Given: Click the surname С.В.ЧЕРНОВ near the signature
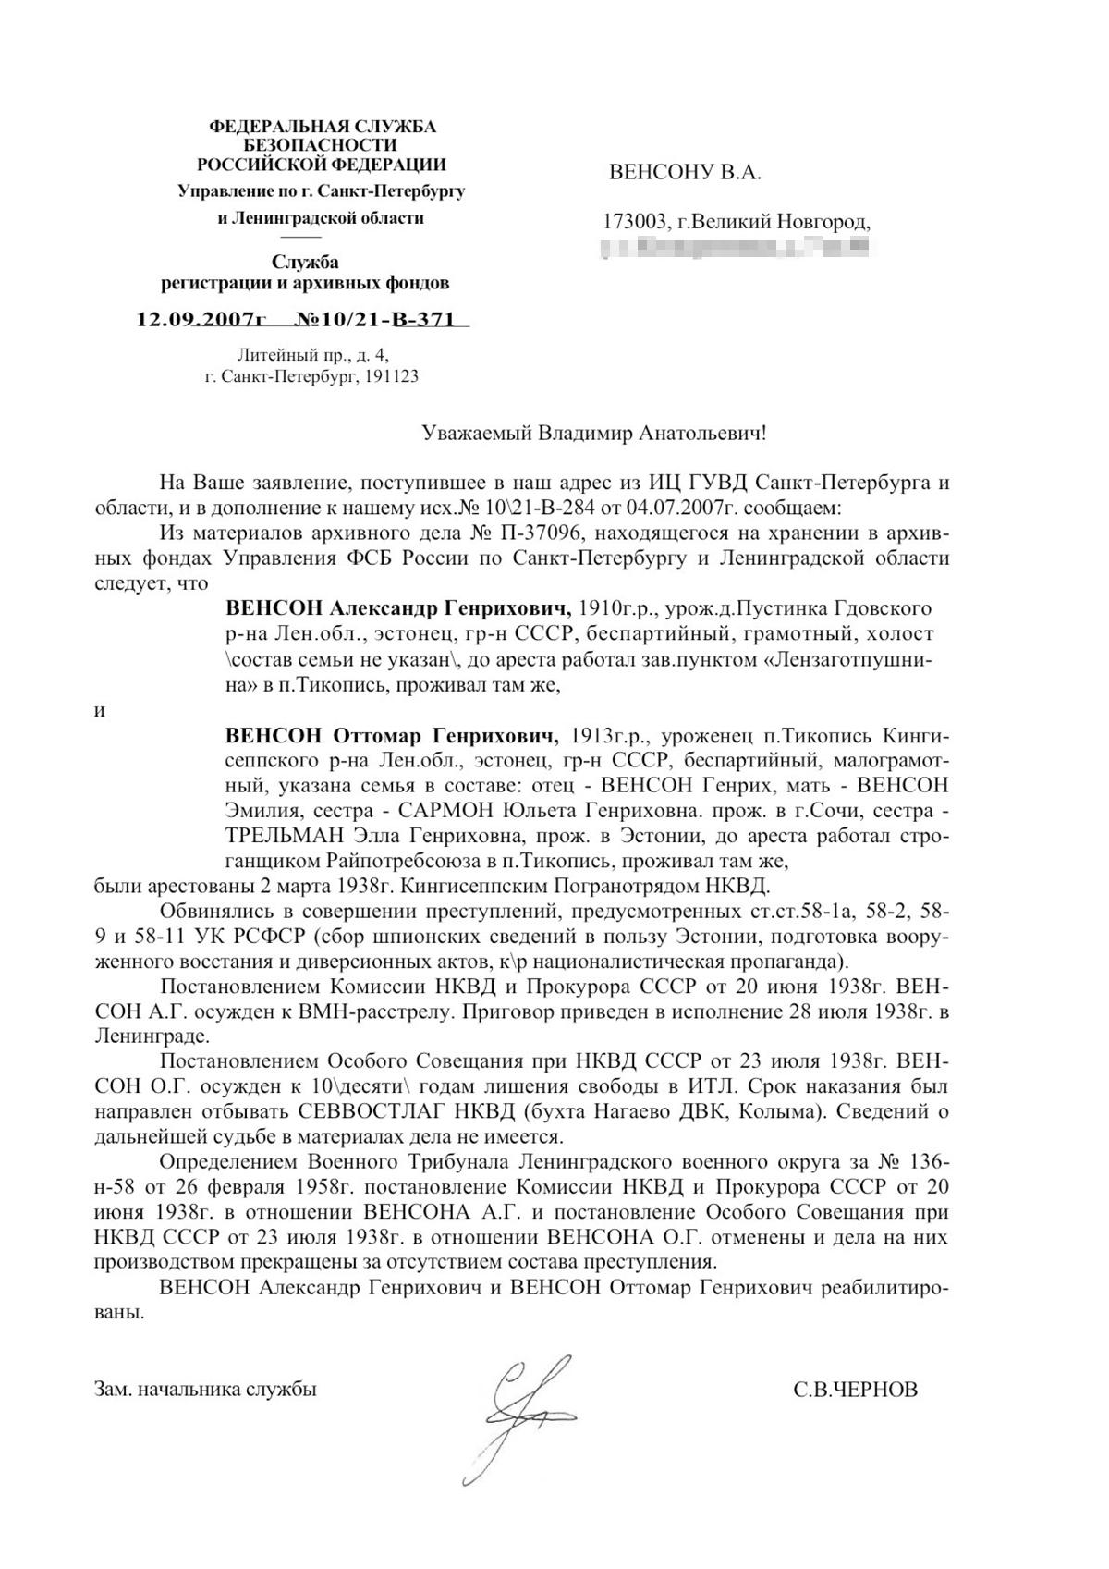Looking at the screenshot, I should [855, 1390].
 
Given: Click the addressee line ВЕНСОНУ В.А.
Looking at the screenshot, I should [685, 172].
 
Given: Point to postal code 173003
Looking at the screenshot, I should [636, 222].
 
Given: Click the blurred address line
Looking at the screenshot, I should [735, 247].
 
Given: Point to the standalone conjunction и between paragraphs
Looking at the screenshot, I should [100, 711].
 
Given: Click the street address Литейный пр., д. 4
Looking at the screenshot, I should [313, 354].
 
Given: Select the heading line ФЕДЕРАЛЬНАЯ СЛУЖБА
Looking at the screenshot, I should [323, 126].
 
